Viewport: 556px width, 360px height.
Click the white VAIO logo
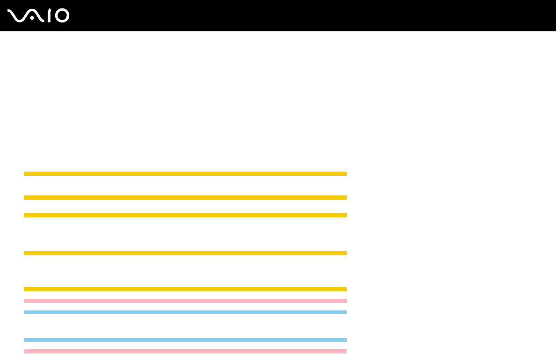pyautogui.click(x=38, y=15)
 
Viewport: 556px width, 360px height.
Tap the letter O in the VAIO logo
pyautogui.click(x=62, y=15)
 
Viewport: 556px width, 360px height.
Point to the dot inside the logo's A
pyautogui.click(x=32, y=18)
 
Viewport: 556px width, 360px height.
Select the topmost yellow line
pyautogui.click(x=185, y=173)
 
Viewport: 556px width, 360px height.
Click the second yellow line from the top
pyautogui.click(x=185, y=198)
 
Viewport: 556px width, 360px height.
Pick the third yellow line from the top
pyautogui.click(x=185, y=215)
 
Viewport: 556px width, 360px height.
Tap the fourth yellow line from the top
pyautogui.click(x=185, y=253)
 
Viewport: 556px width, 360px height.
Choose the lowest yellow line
pyautogui.click(x=185, y=289)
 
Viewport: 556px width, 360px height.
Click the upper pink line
pyautogui.click(x=185, y=301)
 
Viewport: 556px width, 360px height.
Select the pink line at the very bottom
pyautogui.click(x=185, y=351)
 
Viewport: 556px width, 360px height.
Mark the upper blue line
pyautogui.click(x=185, y=312)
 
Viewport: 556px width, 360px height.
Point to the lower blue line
pyautogui.click(x=185, y=340)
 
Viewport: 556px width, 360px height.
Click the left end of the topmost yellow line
pyautogui.click(x=25, y=173)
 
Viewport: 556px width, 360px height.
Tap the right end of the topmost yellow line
pyautogui.click(x=345, y=173)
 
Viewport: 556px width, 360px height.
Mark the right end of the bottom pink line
pyautogui.click(x=345, y=351)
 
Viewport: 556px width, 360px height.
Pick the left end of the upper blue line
pyautogui.click(x=25, y=312)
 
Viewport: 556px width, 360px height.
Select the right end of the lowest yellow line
pyautogui.click(x=345, y=289)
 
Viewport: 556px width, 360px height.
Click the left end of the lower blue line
pyautogui.click(x=25, y=340)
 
